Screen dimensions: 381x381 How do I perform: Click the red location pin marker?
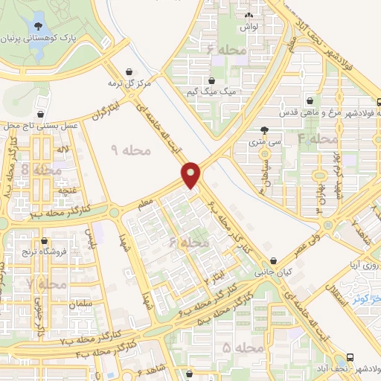[192, 176]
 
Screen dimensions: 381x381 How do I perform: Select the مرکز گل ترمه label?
[128, 83]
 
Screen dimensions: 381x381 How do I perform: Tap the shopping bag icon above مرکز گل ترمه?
[132, 71]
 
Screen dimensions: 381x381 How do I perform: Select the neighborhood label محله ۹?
[131, 150]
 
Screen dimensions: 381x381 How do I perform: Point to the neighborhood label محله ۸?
[37, 170]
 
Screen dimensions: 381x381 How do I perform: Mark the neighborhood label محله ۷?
[40, 284]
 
